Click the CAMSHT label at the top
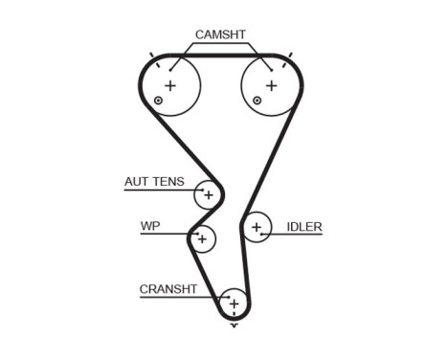[x=220, y=35]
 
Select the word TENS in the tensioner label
[x=169, y=181]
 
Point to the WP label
[x=149, y=227]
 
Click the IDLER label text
[x=304, y=227]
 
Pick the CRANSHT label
[x=168, y=288]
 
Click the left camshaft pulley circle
[x=171, y=86]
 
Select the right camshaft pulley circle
[x=271, y=86]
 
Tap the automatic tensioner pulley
[x=207, y=195]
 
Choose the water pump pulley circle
[x=202, y=238]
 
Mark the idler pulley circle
[x=256, y=228]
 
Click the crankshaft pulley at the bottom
[x=233, y=303]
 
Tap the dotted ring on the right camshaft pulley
[x=256, y=101]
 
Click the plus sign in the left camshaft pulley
[x=171, y=86]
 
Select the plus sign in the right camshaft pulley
[x=271, y=86]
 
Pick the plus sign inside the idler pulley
[x=256, y=228]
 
